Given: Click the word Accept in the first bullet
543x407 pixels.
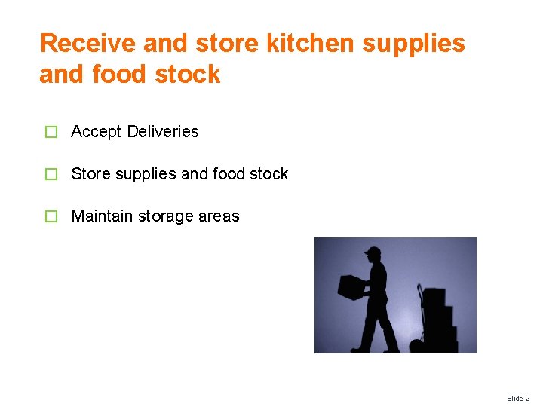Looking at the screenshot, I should coord(96,132).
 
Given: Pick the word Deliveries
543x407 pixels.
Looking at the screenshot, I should coord(163,132).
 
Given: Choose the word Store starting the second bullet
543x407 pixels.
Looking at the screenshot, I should coord(90,174).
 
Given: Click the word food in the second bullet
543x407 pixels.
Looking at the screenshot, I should coord(229,174).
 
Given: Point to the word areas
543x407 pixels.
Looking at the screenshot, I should coord(219,216).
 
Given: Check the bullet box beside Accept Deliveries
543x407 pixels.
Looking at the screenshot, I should coord(51,133).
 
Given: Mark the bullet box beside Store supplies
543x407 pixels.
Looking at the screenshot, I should coord(51,175).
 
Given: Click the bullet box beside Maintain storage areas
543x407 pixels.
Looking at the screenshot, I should coord(51,217).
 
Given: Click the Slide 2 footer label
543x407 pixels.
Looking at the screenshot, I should coord(518,398).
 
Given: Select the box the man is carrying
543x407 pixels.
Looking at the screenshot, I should coord(351,286).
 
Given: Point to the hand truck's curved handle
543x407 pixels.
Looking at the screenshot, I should coord(419,290).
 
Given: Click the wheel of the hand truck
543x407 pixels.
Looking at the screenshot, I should coord(416,347).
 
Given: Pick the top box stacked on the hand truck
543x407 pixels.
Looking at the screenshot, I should coord(434,296).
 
